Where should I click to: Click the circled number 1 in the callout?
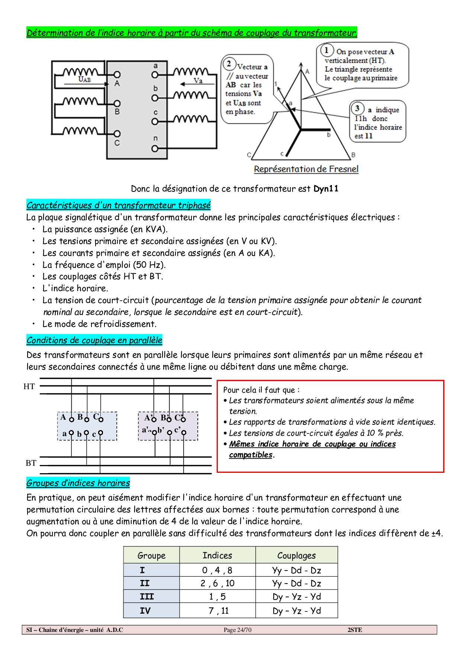click(327, 50)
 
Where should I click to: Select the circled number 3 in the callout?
click(357, 108)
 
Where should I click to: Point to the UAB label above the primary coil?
click(84, 79)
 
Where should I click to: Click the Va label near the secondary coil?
click(198, 81)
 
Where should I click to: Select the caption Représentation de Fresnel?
click(306, 169)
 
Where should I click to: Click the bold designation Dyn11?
click(326, 188)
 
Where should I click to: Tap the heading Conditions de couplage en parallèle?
click(94, 340)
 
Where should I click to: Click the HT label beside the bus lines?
click(29, 387)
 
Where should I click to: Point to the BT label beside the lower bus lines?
click(31, 463)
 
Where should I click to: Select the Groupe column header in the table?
click(151, 555)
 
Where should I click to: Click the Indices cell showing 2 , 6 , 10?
click(217, 583)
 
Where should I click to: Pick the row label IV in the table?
click(145, 611)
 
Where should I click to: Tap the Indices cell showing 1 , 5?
click(217, 597)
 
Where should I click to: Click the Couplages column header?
click(296, 555)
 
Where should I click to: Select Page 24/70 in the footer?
click(238, 630)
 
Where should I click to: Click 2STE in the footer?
click(355, 630)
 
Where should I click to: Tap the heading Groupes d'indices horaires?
click(78, 483)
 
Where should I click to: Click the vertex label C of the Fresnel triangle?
click(249, 155)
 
